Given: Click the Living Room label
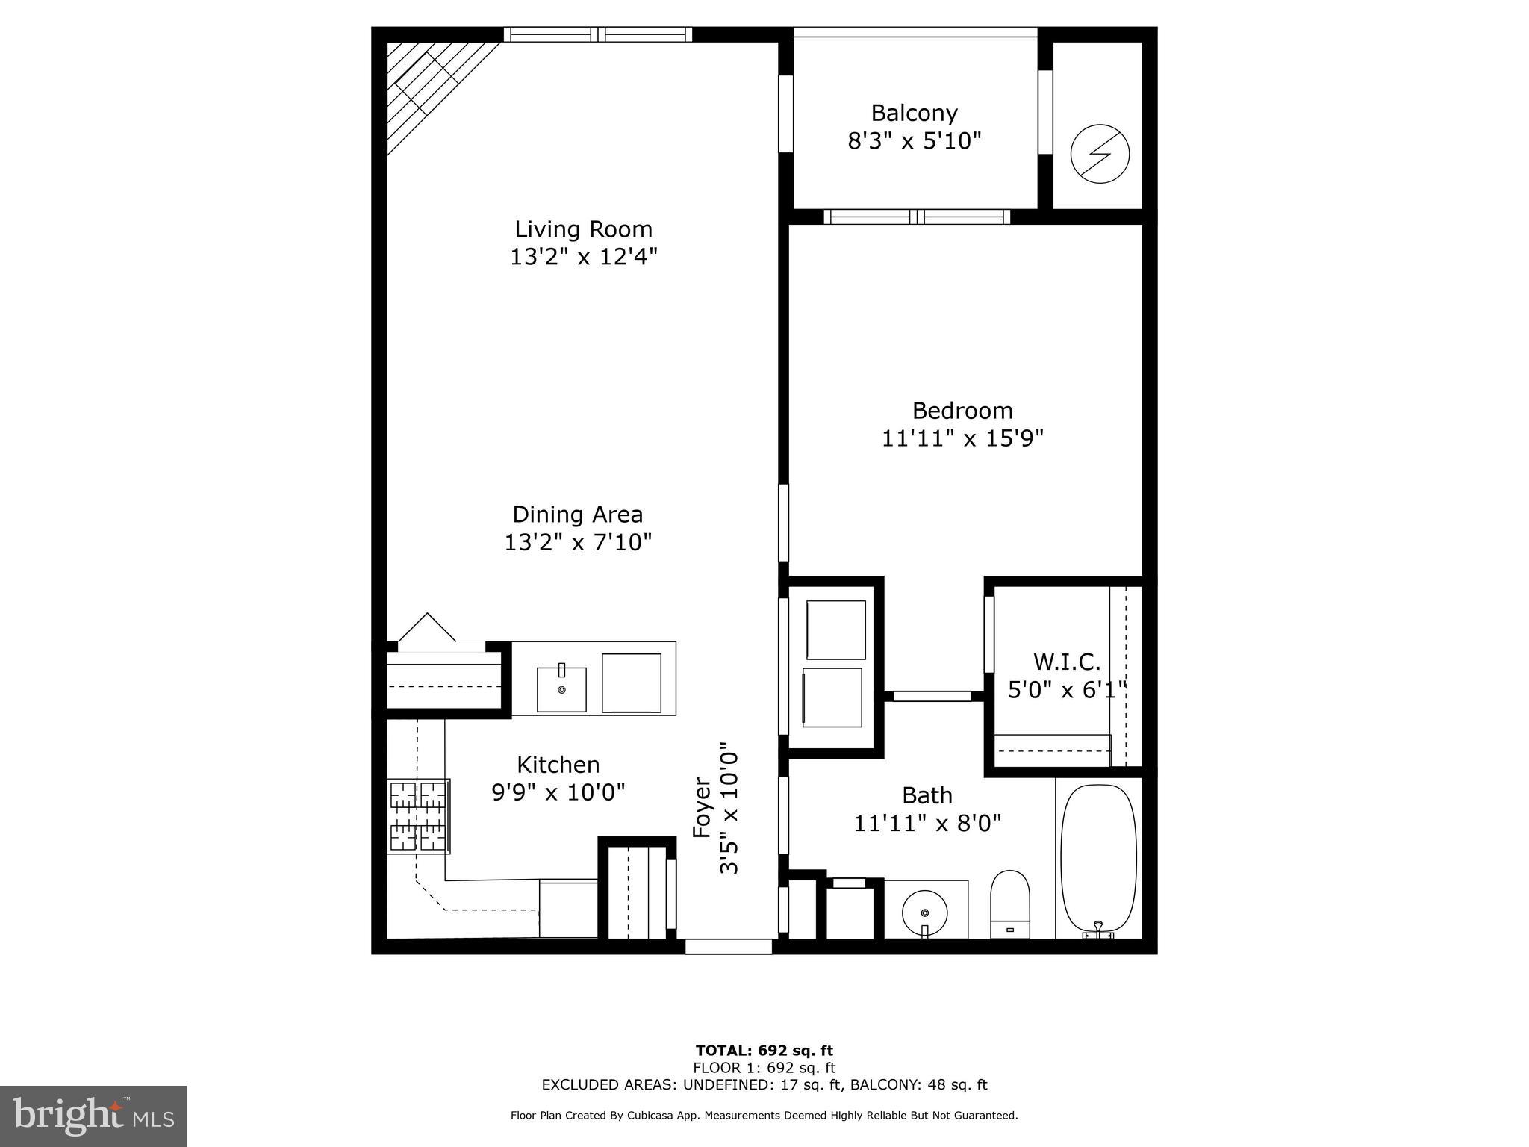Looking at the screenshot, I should coord(583,229).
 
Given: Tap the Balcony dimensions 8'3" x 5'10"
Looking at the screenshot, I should coord(914,140).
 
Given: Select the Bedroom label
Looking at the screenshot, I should coord(962,411).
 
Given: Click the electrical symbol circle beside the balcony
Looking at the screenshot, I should coord(1099,155).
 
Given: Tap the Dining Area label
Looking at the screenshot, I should coord(577,515).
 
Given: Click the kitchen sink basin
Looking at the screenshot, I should coord(561,689).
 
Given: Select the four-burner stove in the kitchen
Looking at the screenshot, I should coord(419,815).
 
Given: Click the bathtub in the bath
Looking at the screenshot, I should coord(1098,857).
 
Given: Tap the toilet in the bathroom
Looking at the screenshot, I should coord(1009,904).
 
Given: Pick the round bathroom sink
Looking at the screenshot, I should coord(924,913).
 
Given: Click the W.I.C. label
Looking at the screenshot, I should coord(1066,662).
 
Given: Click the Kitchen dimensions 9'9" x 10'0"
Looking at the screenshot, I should coord(558,792).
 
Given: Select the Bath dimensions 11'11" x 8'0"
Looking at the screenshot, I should coord(927,823).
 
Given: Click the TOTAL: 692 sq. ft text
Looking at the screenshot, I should coord(764,1051).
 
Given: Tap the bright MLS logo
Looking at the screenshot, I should coord(93,1116).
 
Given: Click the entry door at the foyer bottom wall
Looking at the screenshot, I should coord(728,946).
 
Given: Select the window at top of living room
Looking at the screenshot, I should coord(597,34).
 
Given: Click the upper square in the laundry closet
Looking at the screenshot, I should coord(835,630).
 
